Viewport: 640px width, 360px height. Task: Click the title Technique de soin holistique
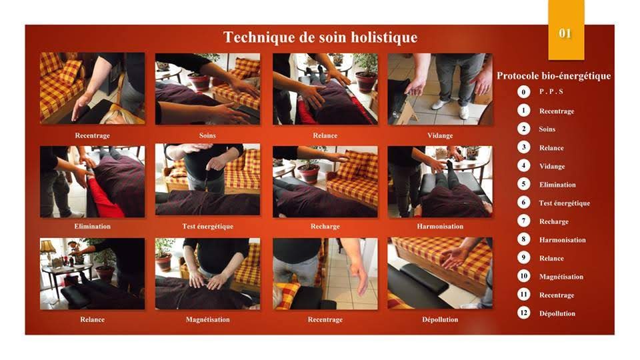tap(321, 37)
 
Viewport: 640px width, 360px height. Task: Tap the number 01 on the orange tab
tap(565, 33)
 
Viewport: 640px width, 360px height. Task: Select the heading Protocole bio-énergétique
tap(553, 76)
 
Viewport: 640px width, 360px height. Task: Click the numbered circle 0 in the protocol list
tap(524, 91)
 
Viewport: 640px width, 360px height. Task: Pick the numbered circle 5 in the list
tap(524, 184)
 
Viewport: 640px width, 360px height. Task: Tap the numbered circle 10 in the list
tap(524, 276)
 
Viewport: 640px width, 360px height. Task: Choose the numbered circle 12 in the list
tap(524, 313)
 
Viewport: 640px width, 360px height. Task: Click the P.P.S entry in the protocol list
tap(551, 92)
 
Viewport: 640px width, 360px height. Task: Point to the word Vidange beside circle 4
tap(552, 167)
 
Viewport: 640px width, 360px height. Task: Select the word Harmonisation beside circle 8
tap(563, 240)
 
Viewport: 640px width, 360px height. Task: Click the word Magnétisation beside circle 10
tap(561, 277)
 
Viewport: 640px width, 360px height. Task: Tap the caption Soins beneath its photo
tap(207, 135)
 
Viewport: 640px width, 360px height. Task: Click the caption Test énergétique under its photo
tap(208, 227)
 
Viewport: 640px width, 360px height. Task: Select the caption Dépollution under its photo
tap(440, 319)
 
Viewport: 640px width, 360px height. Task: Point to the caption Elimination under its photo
tap(92, 227)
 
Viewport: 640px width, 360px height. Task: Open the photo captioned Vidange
tap(440, 89)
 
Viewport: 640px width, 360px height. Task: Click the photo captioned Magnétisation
tap(207, 274)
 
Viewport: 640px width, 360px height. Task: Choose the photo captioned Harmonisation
tap(440, 181)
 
